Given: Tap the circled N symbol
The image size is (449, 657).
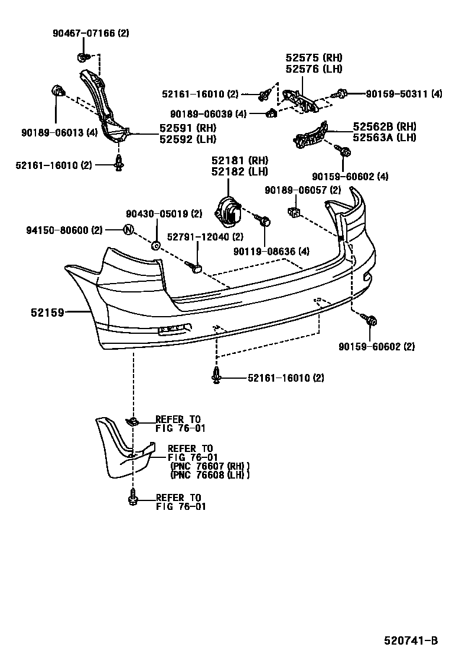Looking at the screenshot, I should pos(129,230).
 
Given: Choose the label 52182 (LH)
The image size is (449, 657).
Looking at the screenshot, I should pos(240,171).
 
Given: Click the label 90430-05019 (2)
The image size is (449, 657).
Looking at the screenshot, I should pos(164,214).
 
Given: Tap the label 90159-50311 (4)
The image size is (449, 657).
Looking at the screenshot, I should pos(404,93).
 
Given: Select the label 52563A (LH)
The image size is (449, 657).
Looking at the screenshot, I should pos(385,138).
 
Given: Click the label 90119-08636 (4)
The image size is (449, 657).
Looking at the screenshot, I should pos(271,251).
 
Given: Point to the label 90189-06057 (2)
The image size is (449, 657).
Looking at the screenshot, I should pos(302,190).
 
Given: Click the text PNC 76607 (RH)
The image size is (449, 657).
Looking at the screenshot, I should pos(209,466).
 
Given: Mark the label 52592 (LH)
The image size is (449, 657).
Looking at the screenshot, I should pos(187,139).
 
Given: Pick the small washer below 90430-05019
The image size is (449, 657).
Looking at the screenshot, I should pos(156,245).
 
